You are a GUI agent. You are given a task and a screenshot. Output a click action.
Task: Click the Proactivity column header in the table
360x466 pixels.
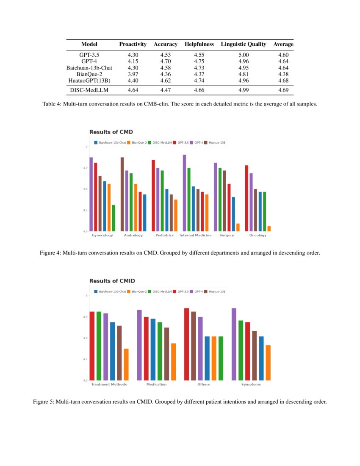133,44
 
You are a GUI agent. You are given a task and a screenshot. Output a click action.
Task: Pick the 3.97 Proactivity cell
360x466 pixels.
133,74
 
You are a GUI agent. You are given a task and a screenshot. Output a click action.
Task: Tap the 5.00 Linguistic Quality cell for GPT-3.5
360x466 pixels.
244,55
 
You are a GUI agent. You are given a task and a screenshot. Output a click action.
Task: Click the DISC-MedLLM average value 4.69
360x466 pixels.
283,90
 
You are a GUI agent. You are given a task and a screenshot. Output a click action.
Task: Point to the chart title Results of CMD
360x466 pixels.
111,132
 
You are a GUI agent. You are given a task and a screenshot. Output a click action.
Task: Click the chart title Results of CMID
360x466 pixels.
112,281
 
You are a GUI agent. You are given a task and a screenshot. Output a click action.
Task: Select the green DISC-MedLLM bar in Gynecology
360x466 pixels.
114,218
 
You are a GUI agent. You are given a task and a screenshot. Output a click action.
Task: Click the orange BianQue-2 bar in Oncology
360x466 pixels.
269,229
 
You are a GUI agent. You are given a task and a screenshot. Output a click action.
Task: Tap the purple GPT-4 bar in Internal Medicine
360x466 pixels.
184,193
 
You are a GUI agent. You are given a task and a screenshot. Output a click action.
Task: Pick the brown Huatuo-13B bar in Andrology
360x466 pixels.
122,194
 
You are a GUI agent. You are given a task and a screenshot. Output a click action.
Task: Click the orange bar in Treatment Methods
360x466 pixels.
126,364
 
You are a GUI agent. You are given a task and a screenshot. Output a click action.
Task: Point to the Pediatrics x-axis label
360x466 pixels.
165,235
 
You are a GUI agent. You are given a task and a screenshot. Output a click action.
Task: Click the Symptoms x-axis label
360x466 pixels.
251,384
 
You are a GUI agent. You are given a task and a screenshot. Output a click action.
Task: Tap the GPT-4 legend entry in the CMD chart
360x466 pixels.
197,143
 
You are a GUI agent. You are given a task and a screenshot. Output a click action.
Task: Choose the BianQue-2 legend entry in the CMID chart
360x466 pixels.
138,291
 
